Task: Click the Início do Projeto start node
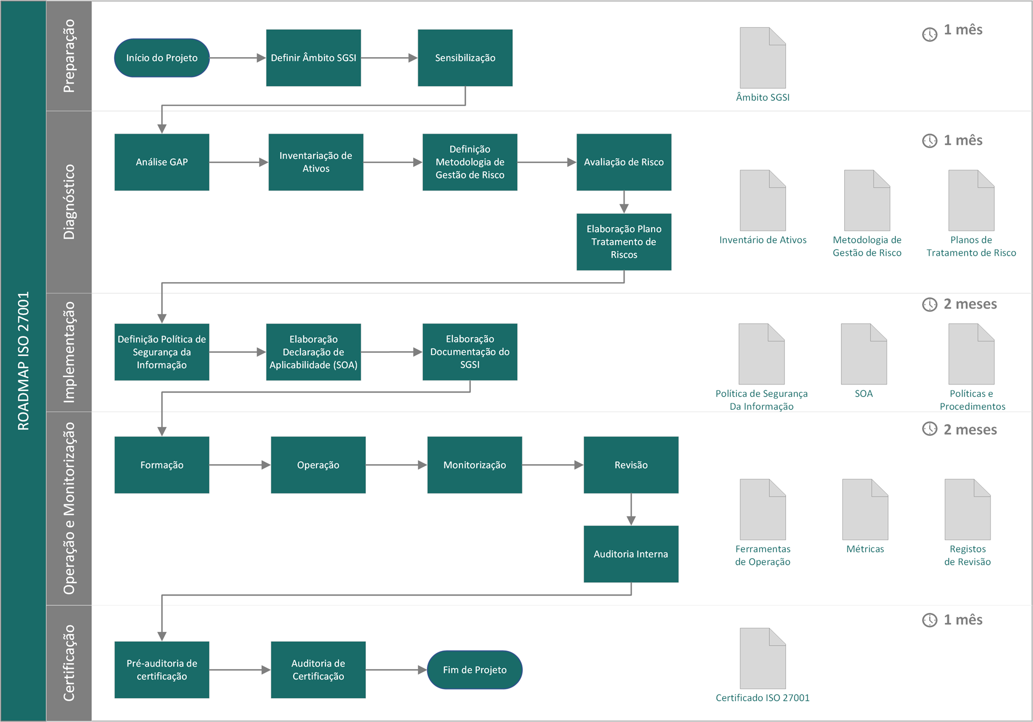[x=161, y=58]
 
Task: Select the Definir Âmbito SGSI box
[x=313, y=58]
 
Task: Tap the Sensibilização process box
[x=465, y=58]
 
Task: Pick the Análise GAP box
[x=161, y=162]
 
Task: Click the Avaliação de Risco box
[x=624, y=162]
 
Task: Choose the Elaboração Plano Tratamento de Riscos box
[x=624, y=242]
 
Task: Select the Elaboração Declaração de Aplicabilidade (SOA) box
[x=313, y=352]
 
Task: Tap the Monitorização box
[x=475, y=465]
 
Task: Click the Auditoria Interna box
[x=631, y=554]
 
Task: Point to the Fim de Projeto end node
[x=475, y=670]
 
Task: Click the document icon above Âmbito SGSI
[x=763, y=58]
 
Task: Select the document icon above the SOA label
[x=864, y=354]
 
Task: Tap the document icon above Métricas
[x=865, y=509]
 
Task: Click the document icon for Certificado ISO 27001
[x=763, y=658]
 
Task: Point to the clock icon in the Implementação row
[x=930, y=305]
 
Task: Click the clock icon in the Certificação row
[x=930, y=620]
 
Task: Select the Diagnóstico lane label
[x=69, y=202]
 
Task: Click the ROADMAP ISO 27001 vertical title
[x=23, y=361]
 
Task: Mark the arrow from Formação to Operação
[x=240, y=465]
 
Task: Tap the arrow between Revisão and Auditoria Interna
[x=631, y=509]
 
